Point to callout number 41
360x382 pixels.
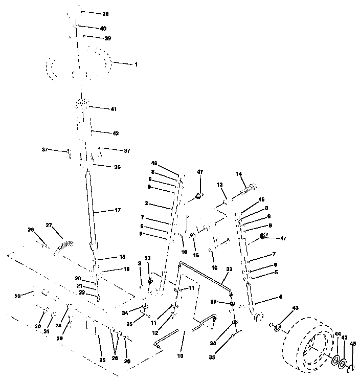pos(114,108)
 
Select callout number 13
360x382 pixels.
pos(219,185)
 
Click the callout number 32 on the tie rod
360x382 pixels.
pos(229,269)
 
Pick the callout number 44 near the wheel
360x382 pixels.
pos(337,334)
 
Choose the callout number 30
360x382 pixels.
pos(37,326)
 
